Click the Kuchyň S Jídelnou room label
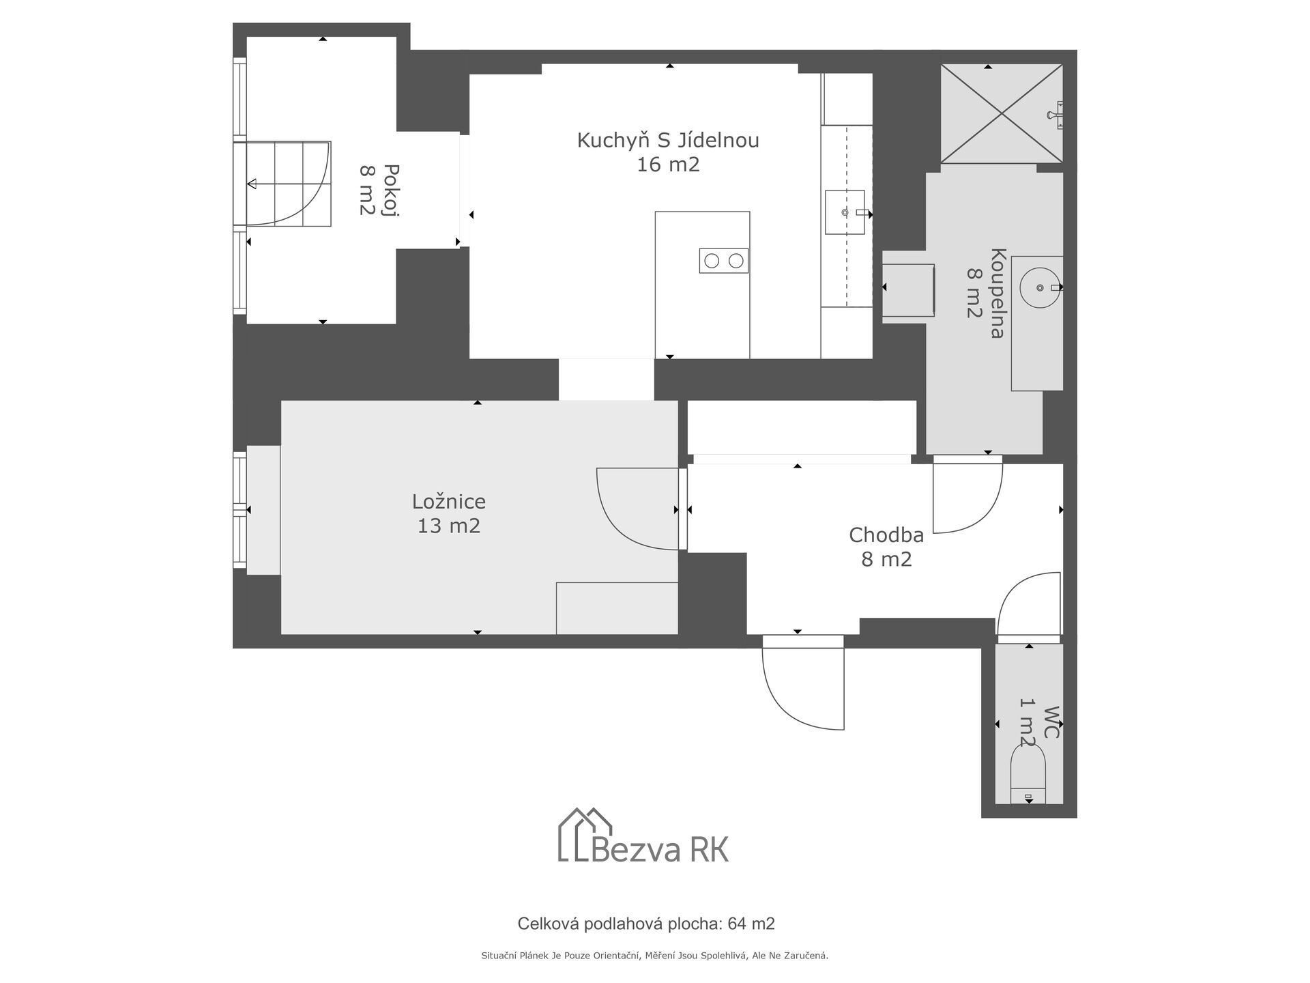pos(668,141)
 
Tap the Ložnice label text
pos(449,502)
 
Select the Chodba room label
pos(886,535)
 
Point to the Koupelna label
pos(997,294)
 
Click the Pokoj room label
pos(391,190)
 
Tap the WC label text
pos(1051,722)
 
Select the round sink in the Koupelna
pos(1041,287)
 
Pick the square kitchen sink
pos(845,212)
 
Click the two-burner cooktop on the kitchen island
pos(723,261)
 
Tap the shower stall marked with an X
pos(1002,113)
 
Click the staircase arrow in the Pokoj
pos(288,184)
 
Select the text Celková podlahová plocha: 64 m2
pos(646,924)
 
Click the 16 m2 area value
pos(668,165)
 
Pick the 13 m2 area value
pos(449,526)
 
